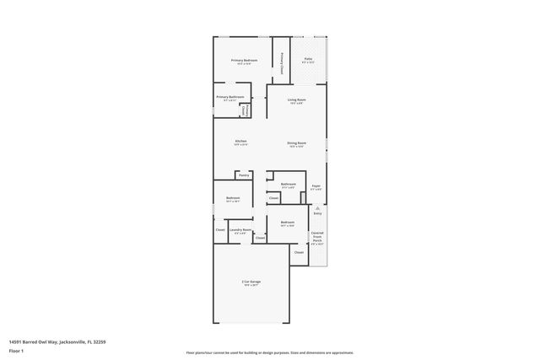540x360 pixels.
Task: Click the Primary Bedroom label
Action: [245, 61]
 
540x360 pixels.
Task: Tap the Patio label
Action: [308, 59]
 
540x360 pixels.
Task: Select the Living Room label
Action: [296, 99]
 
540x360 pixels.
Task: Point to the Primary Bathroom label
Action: [229, 97]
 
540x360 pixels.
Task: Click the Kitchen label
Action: [240, 141]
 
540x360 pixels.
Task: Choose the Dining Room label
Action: [296, 142]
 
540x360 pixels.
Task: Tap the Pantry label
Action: [243, 175]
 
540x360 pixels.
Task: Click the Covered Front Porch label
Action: [316, 237]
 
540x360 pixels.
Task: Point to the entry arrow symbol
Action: [317, 207]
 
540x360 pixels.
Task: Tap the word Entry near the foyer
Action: [317, 214]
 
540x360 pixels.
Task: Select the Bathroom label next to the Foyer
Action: [289, 184]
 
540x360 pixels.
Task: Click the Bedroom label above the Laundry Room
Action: [233, 198]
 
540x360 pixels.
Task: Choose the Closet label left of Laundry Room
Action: [219, 229]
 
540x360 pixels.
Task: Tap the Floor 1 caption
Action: [16, 349]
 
